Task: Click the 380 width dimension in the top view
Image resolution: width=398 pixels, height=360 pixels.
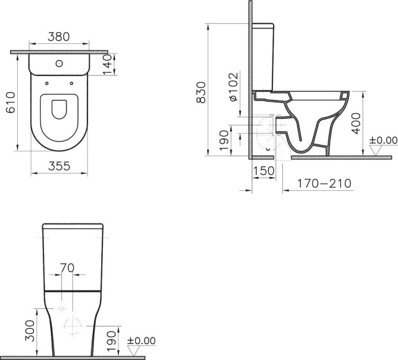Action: (x=59, y=38)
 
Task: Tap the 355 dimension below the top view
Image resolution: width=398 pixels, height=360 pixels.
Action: (x=59, y=166)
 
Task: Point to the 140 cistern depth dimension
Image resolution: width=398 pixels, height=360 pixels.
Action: (x=108, y=64)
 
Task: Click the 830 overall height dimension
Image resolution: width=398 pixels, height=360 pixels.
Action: (x=200, y=92)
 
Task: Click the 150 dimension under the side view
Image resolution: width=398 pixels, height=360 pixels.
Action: (x=264, y=172)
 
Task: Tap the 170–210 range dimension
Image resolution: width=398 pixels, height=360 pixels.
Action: (x=324, y=184)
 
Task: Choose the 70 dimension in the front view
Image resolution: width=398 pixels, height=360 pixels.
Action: (x=67, y=268)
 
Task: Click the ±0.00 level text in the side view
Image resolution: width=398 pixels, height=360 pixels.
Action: (x=383, y=140)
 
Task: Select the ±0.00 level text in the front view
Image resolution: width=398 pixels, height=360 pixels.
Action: (x=141, y=341)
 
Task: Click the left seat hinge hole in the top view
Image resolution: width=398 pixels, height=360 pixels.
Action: (x=47, y=82)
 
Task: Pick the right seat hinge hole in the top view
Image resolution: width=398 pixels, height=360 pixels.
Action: (x=71, y=82)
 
